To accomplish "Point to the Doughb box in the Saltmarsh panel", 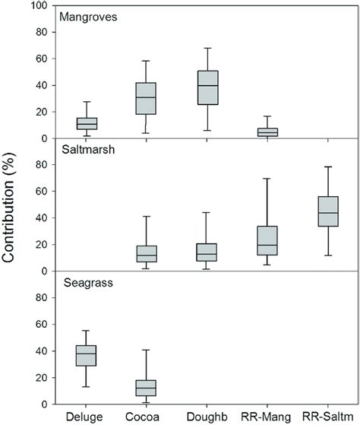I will (207, 252).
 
